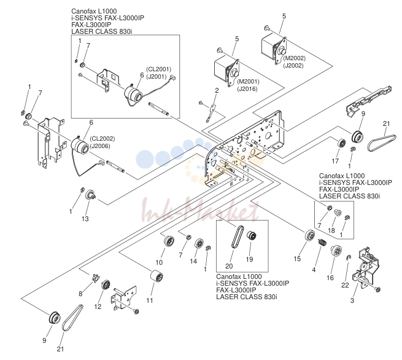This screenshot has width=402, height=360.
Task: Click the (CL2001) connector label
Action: [159, 69]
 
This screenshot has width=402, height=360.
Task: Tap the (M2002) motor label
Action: [295, 58]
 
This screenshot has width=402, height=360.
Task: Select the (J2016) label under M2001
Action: [248, 89]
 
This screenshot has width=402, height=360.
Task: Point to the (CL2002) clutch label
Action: [102, 139]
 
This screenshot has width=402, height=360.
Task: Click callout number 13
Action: [85, 219]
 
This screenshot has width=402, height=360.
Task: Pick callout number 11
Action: [150, 300]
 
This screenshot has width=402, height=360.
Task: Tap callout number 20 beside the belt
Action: [229, 266]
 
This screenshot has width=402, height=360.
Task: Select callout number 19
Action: [249, 259]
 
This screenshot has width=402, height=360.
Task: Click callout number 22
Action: [345, 285]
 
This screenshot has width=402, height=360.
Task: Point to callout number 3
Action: [352, 300]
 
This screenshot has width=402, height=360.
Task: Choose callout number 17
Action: [335, 161]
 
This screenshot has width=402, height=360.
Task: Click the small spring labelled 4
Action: [322, 242]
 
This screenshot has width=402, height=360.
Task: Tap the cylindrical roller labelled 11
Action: [157, 276]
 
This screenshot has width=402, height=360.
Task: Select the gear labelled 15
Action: [310, 235]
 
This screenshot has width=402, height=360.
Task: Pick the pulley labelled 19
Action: [252, 235]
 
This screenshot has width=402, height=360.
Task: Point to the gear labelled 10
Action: [169, 241]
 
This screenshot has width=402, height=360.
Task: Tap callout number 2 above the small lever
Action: [217, 90]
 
